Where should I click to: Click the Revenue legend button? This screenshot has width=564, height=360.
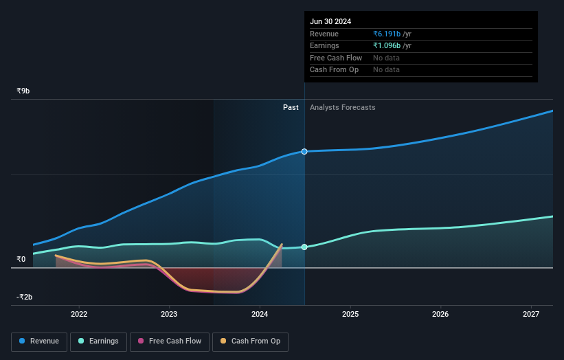[39, 341]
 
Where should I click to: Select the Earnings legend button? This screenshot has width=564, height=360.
[98, 341]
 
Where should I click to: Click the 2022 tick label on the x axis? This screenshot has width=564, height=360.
[79, 315]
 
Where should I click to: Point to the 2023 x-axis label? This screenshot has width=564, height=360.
[169, 315]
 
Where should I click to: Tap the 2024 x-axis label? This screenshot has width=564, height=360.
[260, 315]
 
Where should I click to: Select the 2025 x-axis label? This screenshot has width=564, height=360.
[350, 315]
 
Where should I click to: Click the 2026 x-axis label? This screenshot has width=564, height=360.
[440, 315]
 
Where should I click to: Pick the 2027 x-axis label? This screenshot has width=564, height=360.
[531, 315]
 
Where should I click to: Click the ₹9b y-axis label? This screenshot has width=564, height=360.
[23, 91]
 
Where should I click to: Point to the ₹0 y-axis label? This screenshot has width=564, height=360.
[21, 259]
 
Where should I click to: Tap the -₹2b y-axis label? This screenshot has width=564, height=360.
[24, 297]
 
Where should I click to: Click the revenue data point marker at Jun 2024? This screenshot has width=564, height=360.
[304, 151]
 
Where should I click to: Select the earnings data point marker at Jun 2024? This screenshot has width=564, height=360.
[304, 247]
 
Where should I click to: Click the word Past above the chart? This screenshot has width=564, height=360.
[291, 107]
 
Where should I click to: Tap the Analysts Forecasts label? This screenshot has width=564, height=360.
[343, 107]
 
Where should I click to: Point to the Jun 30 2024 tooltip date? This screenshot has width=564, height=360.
[330, 21]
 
